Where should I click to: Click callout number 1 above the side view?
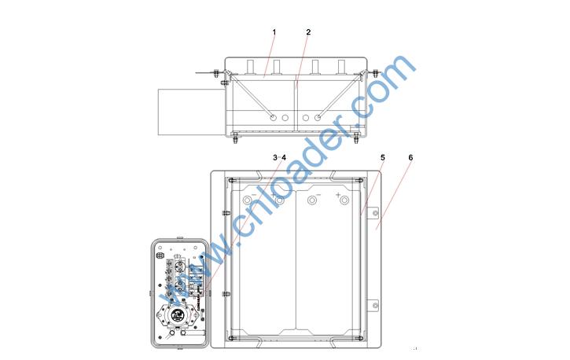[274, 32]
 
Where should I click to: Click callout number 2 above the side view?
[308, 32]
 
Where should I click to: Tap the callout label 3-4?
[279, 158]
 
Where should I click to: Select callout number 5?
[382, 158]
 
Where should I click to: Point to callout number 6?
[410, 158]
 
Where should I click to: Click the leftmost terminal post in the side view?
[251, 68]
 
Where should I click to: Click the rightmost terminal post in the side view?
[341, 68]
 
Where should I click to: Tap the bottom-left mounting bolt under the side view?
[235, 138]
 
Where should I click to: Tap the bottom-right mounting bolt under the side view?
[356, 138]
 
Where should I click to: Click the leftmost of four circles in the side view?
[273, 118]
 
